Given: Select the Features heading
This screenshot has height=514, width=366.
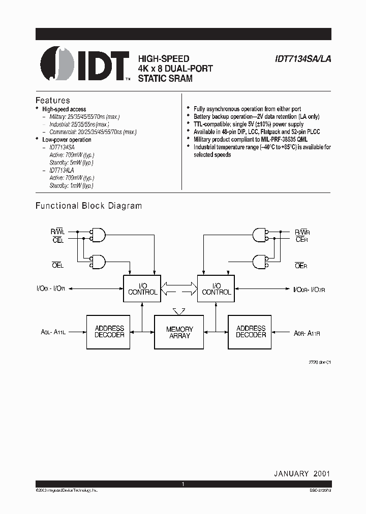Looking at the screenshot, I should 52,100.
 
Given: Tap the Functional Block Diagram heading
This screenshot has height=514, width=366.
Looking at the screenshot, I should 88,206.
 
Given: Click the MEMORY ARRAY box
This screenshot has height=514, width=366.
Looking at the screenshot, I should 179,332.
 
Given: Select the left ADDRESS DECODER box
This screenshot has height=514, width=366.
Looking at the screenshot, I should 109,332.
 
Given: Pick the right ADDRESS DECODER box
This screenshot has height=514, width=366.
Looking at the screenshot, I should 251,332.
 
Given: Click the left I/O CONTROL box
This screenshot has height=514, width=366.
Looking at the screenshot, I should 143,288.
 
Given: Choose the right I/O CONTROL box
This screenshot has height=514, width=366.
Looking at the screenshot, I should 216,288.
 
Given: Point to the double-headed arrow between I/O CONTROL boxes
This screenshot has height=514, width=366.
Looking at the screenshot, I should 179,288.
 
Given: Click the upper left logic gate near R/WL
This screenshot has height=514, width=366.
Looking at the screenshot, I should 98,235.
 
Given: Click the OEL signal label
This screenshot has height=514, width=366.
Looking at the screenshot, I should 57,265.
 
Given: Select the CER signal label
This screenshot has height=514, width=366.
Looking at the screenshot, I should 302,240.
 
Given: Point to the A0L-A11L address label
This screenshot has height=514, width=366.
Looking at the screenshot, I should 53,332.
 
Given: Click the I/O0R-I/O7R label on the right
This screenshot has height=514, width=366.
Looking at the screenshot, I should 309,289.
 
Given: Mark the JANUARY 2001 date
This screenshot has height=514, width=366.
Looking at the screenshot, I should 302,473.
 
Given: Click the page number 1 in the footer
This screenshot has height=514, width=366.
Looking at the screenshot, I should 183,485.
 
